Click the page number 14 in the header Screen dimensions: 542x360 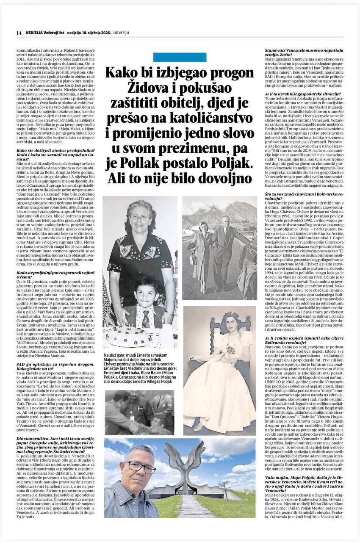click(18, 33)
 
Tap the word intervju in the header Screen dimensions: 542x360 click(121, 33)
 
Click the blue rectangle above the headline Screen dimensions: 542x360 click(180, 57)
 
